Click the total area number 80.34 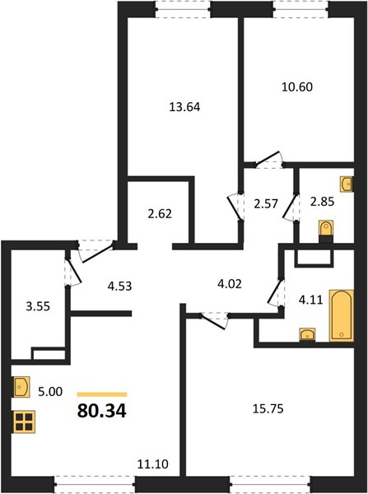point(102,411)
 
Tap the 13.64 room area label point(184,107)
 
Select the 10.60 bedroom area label point(297,86)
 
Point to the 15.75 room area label point(268,408)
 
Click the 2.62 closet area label point(160,214)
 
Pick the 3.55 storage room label point(38,306)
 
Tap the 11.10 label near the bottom point(153,464)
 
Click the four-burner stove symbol point(24,422)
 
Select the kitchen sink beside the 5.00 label point(21,387)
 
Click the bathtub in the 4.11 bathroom point(342,315)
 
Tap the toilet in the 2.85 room point(326,231)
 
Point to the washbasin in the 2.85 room point(347,184)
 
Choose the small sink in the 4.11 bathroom point(307,334)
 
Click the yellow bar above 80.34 point(102,394)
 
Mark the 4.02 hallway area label point(230,284)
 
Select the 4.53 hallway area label point(119,287)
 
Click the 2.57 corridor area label point(266,204)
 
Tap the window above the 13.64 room point(183,9)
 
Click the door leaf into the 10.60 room point(268,158)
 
